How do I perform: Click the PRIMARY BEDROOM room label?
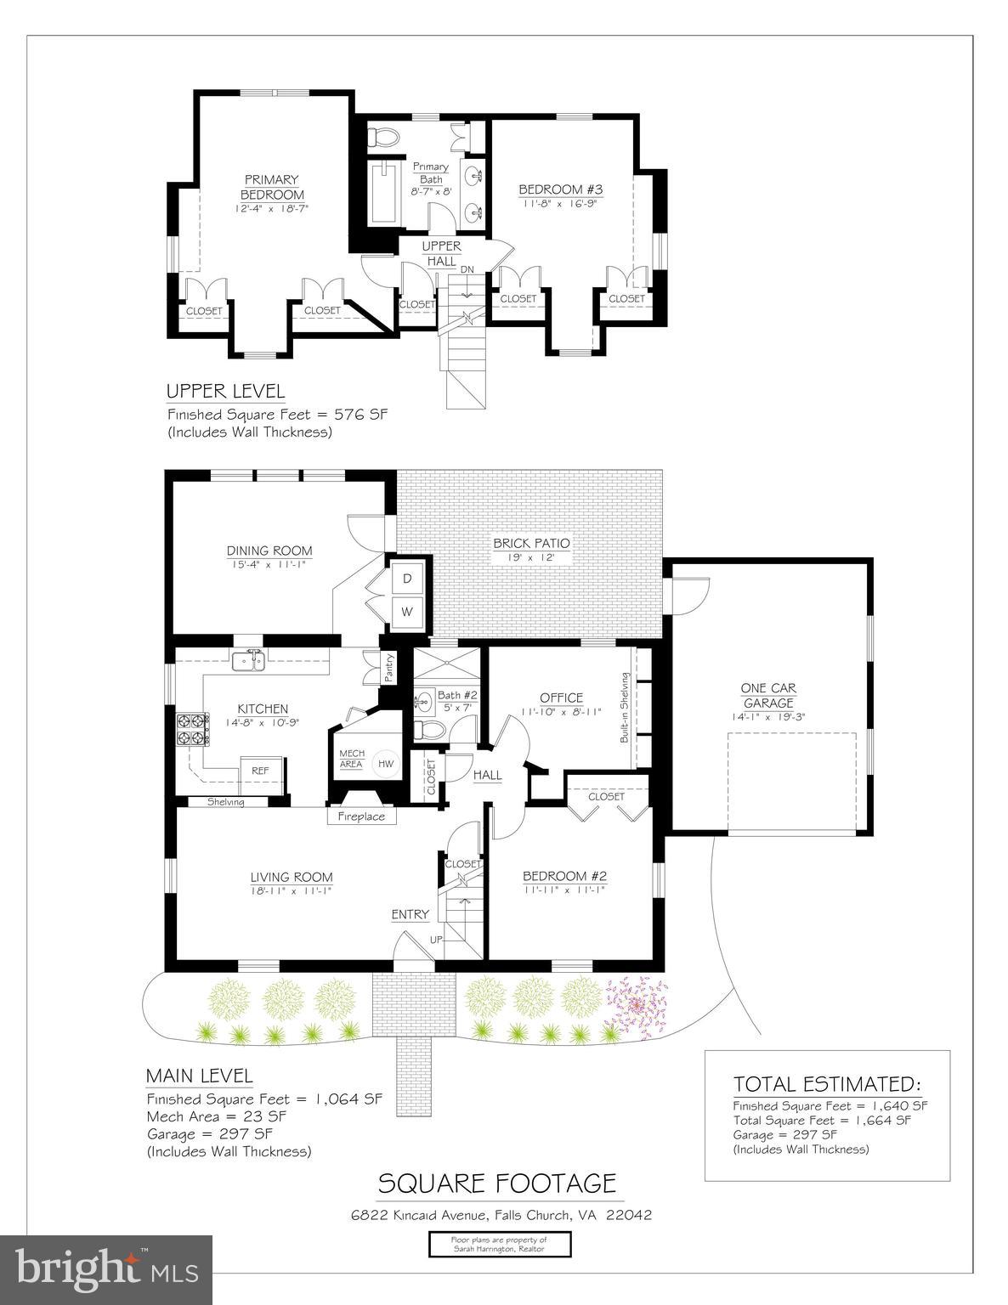(x=271, y=187)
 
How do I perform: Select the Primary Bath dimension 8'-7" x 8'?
(x=431, y=192)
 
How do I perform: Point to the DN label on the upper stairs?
(x=467, y=269)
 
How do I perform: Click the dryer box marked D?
(x=407, y=579)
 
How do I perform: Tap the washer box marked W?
(x=407, y=611)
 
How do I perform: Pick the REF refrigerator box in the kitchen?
(x=260, y=771)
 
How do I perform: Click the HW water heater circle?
(x=386, y=764)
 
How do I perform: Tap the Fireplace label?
(x=362, y=816)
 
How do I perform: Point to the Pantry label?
(x=388, y=668)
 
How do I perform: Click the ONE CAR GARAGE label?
(x=768, y=695)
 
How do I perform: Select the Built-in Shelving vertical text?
(x=625, y=708)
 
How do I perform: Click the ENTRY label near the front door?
(x=410, y=914)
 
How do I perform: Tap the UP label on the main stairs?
(x=436, y=940)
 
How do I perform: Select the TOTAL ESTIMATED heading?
(x=826, y=1084)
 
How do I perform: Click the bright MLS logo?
(x=106, y=1268)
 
